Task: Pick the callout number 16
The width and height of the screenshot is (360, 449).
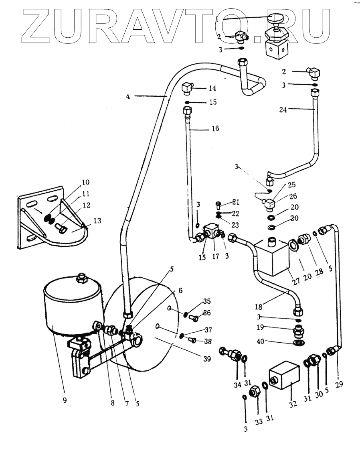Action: tap(215, 130)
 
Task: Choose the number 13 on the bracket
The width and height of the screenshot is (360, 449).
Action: tap(98, 220)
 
